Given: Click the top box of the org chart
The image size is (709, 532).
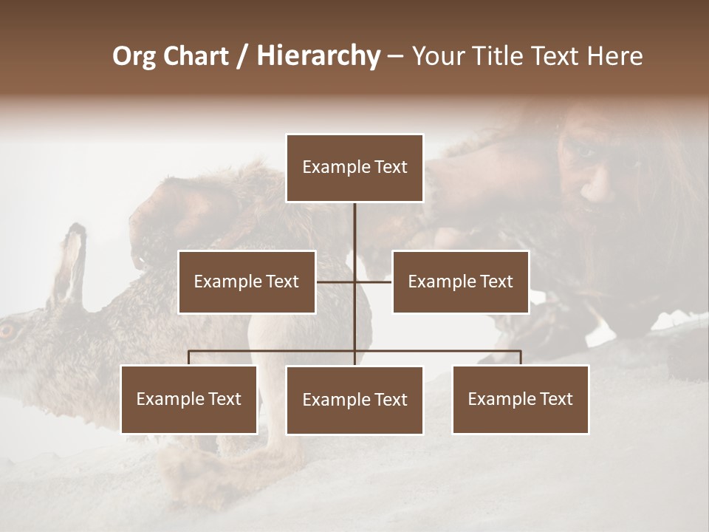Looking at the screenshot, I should coord(354,168).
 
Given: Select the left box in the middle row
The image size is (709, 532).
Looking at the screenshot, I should coord(247,282).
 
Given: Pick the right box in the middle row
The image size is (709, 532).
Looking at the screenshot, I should coord(460,282).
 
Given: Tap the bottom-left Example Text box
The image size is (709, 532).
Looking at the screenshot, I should coord(189,399).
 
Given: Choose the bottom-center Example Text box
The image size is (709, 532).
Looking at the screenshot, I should coord(354,400).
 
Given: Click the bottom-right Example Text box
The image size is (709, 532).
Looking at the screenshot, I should coord(520,399).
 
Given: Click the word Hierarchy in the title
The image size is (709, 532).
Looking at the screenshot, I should coord(318,56).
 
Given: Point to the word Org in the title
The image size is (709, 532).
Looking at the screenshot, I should coord(134,56).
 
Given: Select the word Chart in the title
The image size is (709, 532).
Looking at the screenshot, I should coord(196,56).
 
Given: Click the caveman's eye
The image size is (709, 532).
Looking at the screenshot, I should coord(585,152).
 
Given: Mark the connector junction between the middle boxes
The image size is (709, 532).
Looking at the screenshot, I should coord(354,282).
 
